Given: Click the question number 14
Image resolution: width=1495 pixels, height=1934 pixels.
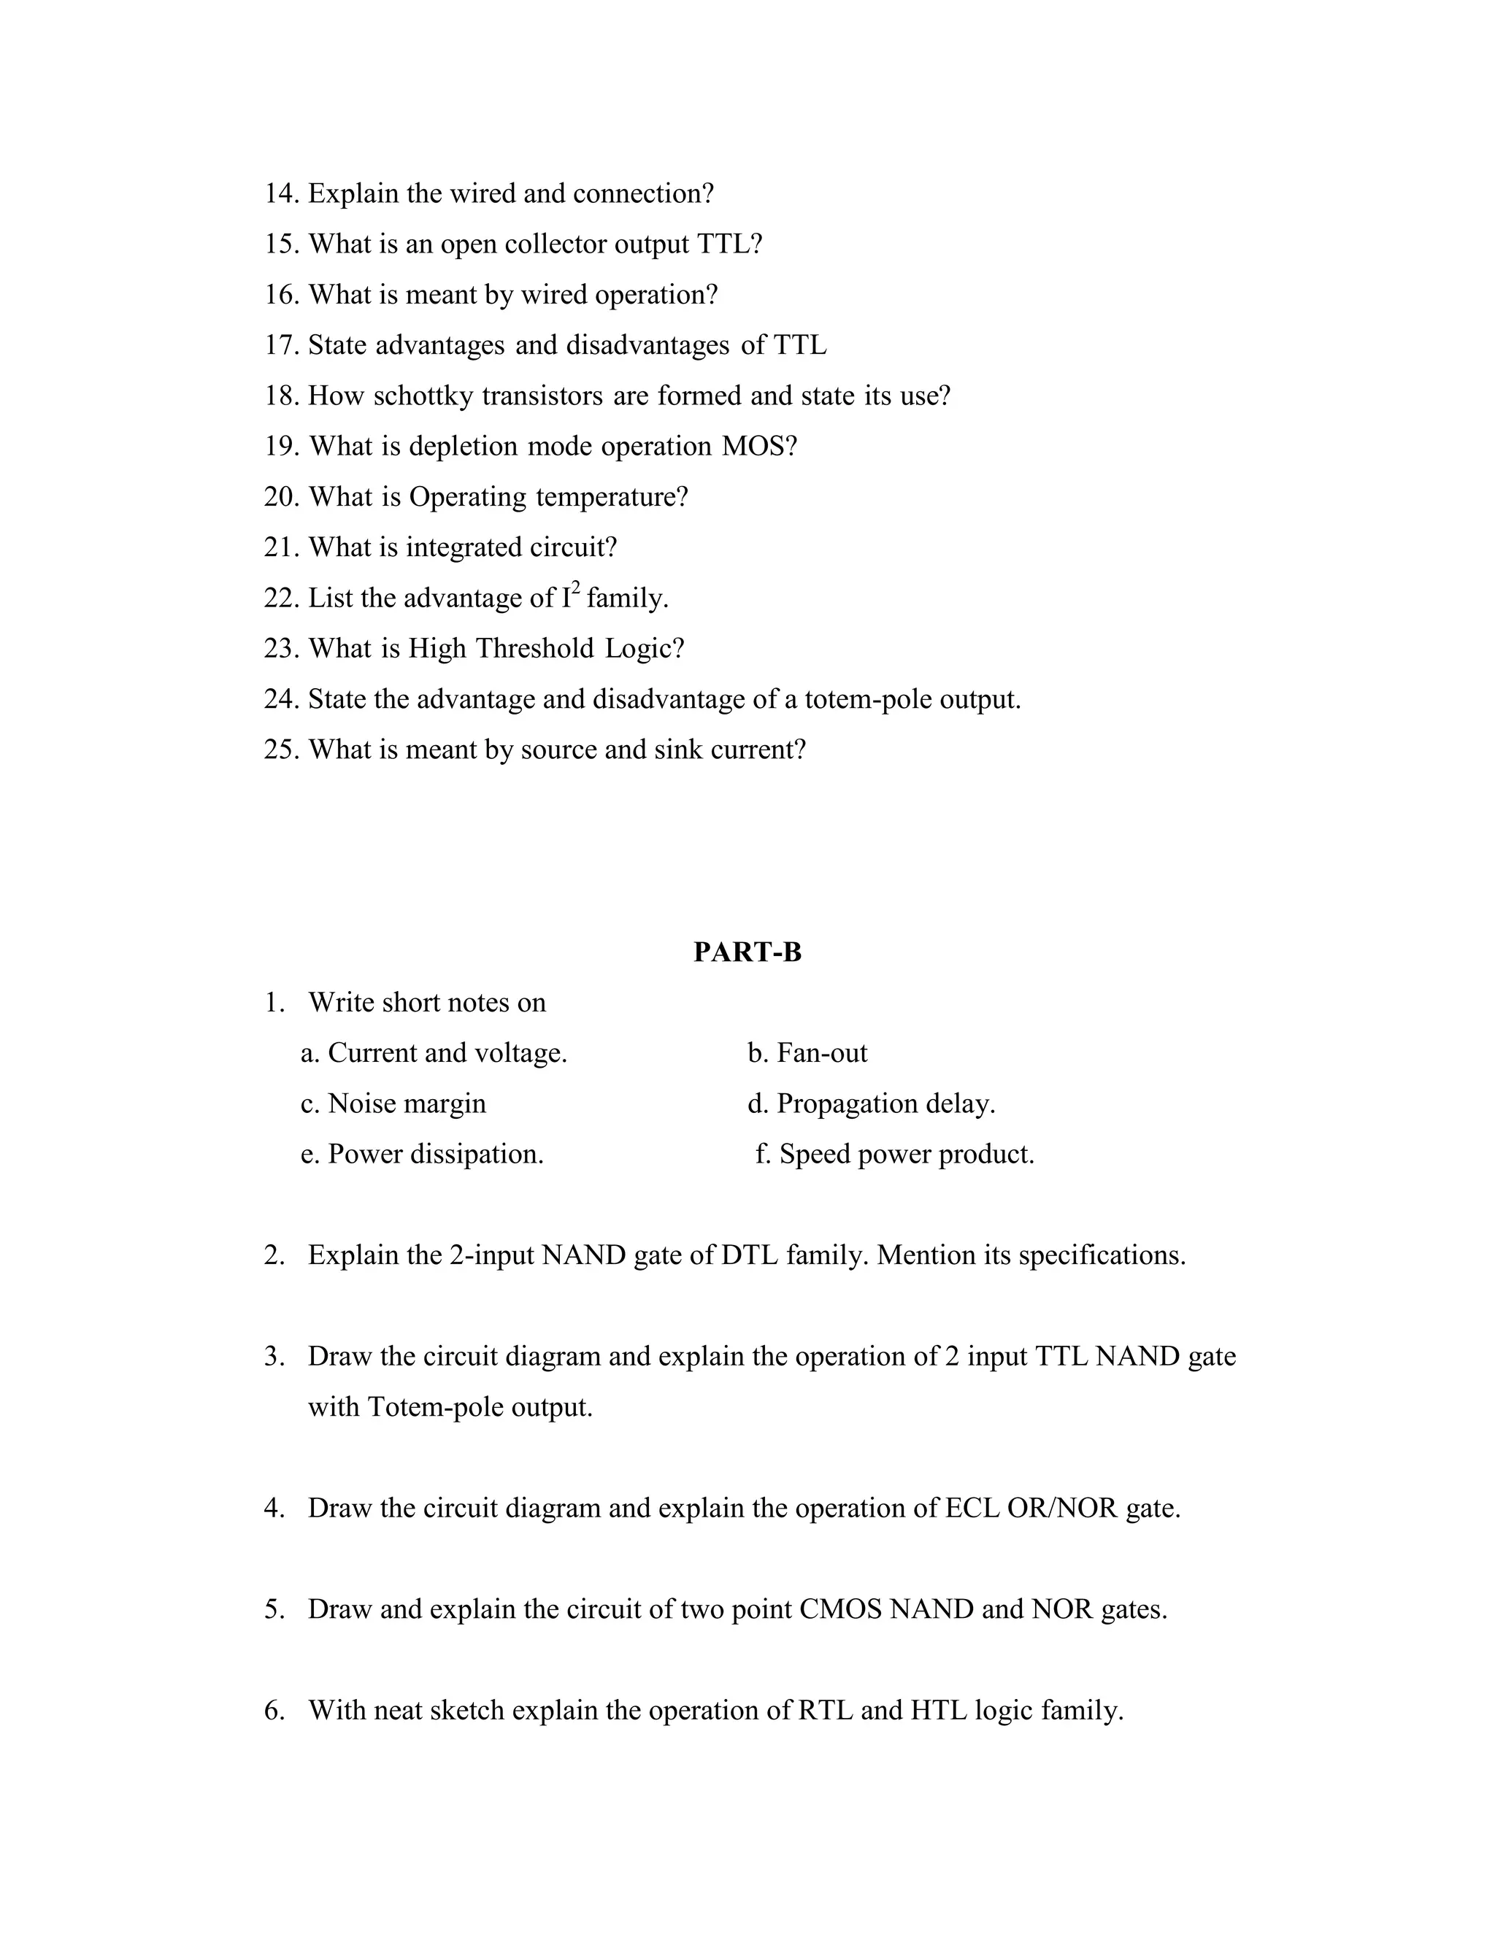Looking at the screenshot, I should coord(281,193).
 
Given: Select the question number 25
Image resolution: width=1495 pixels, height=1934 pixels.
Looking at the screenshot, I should coord(281,750).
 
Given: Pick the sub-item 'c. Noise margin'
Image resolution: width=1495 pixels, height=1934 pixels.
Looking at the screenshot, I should coord(393,1104).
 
